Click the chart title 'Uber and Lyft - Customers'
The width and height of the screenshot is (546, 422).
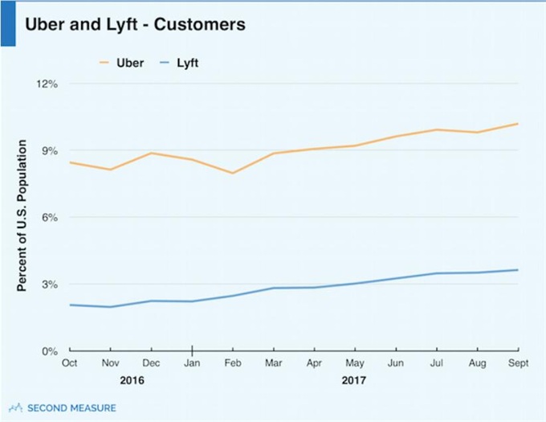[x=135, y=24]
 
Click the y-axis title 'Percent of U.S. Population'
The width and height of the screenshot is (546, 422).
[x=24, y=216]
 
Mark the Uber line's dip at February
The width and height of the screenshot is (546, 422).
[x=232, y=173]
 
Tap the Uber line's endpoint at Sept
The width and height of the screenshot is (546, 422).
[x=517, y=124]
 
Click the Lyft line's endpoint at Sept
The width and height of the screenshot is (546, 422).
[x=517, y=270]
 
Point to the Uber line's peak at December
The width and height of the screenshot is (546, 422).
[x=151, y=153]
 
